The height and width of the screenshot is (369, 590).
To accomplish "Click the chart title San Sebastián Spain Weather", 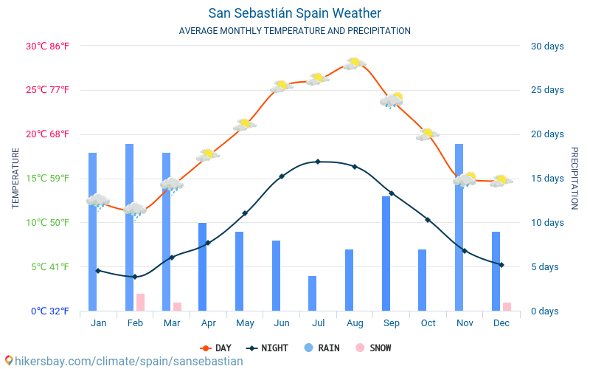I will (294, 13).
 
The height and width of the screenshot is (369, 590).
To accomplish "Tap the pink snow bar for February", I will (140, 302).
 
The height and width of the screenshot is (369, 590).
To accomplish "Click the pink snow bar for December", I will (507, 306).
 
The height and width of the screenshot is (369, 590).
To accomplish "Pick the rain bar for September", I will (386, 253).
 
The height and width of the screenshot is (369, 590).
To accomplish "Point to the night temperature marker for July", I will (318, 161).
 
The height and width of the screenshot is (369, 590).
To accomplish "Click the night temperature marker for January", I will (98, 271).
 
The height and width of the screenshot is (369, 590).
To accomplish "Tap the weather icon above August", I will (355, 63).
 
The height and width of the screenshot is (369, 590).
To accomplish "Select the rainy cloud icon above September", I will (392, 100).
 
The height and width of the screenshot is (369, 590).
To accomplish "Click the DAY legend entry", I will (217, 348).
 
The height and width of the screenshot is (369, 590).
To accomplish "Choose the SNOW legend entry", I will (373, 348).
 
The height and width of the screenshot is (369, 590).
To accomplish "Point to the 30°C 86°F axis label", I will (47, 46).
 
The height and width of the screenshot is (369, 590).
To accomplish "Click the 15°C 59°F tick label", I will (47, 178).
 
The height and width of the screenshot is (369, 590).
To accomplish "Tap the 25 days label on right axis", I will (547, 90).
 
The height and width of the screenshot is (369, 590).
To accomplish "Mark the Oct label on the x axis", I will (428, 323).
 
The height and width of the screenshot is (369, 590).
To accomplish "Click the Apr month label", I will (208, 323).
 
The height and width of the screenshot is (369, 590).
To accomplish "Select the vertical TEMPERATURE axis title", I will (15, 178).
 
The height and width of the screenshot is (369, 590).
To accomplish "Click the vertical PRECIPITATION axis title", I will (575, 178).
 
